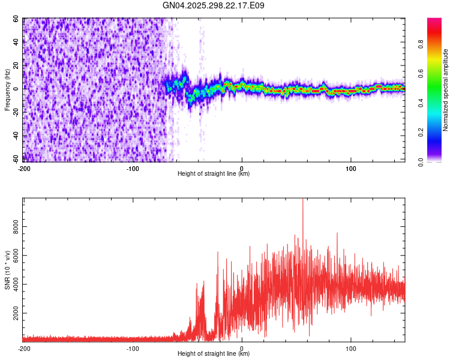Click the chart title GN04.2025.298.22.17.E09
(214, 5)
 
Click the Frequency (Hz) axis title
(8, 90)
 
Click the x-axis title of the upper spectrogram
(214, 174)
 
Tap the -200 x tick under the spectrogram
(24, 169)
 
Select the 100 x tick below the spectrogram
(350, 169)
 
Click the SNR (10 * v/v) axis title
(8, 270)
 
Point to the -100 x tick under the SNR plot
(133, 348)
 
